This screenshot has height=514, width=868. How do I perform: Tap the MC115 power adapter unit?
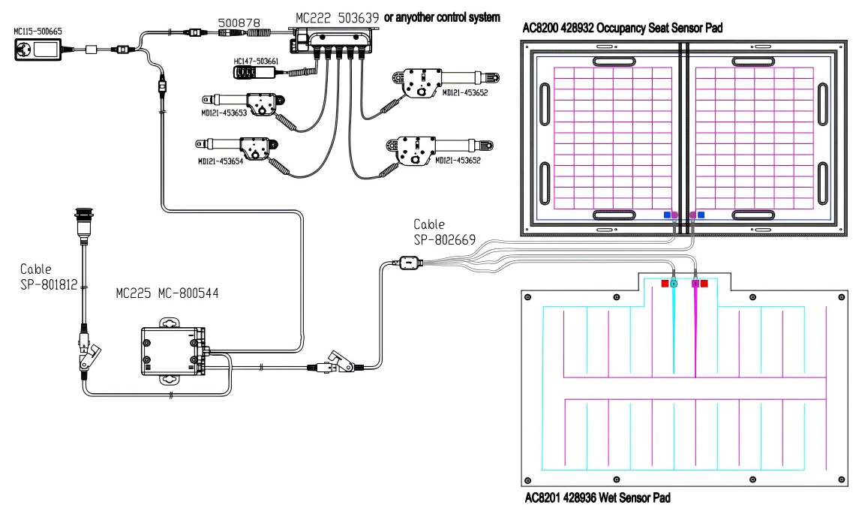point(37,51)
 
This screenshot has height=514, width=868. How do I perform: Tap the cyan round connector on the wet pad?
point(674,284)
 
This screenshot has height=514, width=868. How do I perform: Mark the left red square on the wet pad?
point(665,284)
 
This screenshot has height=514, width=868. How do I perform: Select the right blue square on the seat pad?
point(701,215)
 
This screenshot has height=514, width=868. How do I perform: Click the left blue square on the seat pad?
point(666,215)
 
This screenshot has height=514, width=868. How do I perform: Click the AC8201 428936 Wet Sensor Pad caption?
point(596,497)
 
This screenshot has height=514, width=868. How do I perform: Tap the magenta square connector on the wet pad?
point(695,284)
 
